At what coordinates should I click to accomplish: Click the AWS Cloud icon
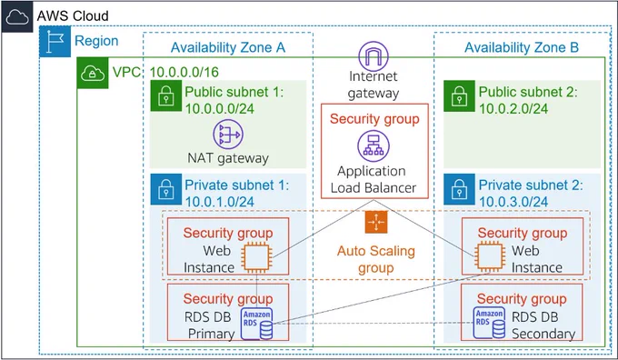(17, 17)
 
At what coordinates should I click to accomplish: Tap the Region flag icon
(55, 42)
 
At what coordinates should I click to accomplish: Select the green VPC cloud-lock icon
(93, 73)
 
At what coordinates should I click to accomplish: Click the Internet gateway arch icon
(374, 56)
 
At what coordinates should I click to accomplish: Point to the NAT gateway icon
(228, 135)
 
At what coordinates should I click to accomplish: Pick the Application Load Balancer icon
(374, 145)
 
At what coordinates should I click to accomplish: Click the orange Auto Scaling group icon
(376, 222)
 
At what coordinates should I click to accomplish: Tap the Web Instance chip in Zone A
(256, 258)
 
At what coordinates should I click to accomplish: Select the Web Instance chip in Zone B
(490, 256)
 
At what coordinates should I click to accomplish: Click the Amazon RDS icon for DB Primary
(256, 324)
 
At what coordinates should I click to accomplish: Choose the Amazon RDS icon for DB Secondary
(490, 323)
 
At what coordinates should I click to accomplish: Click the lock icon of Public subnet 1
(166, 95)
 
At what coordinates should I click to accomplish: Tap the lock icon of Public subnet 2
(459, 95)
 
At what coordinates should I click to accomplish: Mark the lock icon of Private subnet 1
(166, 189)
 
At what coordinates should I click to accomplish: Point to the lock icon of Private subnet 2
(459, 189)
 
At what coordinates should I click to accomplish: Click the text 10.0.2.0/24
(513, 109)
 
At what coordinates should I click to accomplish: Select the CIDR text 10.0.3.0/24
(513, 202)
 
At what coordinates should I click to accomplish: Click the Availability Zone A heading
(228, 47)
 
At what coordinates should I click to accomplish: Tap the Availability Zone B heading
(522, 47)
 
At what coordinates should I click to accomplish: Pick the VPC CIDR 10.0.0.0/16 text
(184, 72)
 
